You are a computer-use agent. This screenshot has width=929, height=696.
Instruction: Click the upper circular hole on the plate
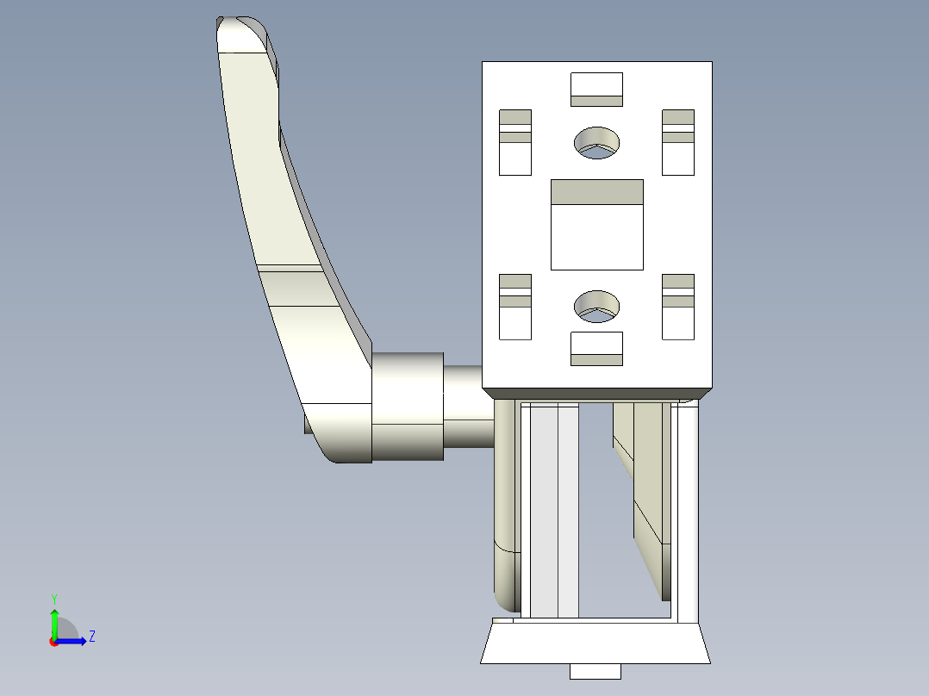[596, 142]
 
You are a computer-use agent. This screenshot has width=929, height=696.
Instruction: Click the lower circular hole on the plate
[596, 307]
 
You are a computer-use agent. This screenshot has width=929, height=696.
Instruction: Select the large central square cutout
[596, 225]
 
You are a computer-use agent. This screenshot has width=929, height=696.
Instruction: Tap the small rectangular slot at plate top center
[596, 90]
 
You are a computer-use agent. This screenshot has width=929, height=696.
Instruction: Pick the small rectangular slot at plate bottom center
[596, 348]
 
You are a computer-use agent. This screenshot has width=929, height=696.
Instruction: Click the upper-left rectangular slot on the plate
[515, 142]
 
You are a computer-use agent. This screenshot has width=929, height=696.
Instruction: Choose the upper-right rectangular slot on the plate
[678, 142]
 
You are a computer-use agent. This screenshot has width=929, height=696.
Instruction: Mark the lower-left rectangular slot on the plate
[515, 307]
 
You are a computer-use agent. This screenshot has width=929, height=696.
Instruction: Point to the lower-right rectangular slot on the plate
[678, 307]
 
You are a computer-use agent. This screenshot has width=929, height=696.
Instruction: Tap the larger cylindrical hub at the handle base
[407, 407]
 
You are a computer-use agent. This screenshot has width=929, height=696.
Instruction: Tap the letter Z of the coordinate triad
[91, 637]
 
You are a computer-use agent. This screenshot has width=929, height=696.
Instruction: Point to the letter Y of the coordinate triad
[53, 599]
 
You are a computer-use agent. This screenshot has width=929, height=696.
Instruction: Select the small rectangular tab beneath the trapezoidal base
[595, 671]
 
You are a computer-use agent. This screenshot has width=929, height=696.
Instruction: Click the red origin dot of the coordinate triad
[53, 641]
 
